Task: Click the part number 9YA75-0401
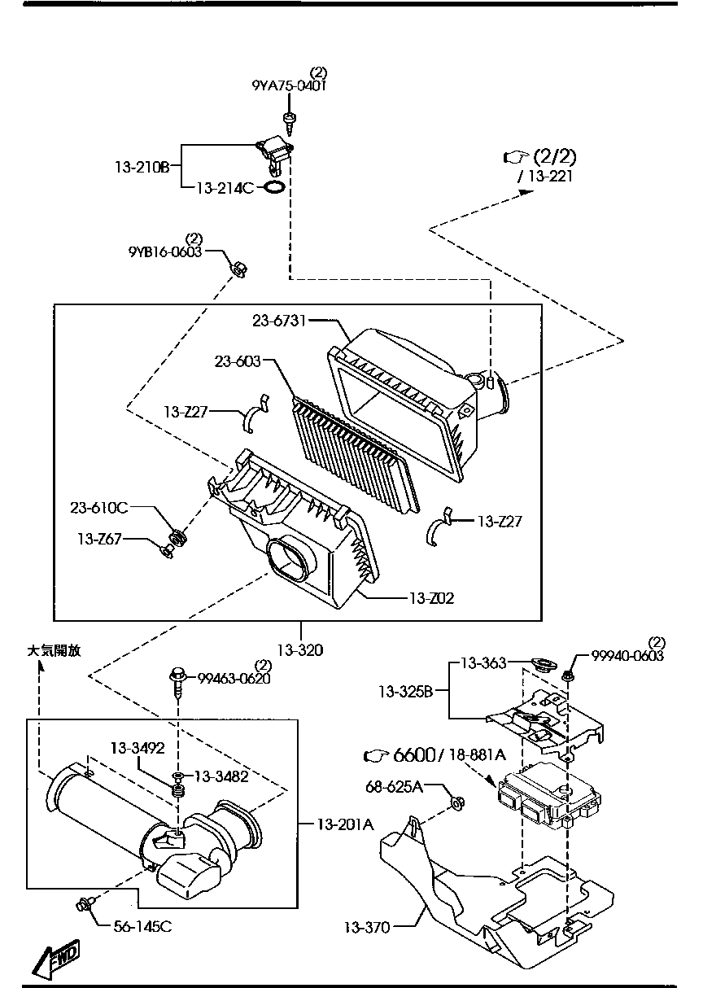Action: point(289,85)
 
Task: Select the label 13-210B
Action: point(142,168)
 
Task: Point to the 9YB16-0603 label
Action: point(165,251)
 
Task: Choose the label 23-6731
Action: point(279,321)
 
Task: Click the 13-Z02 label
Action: point(431,598)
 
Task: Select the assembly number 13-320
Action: point(299,649)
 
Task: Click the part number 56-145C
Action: point(142,925)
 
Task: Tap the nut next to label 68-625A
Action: point(456,804)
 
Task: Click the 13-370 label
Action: point(367,926)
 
